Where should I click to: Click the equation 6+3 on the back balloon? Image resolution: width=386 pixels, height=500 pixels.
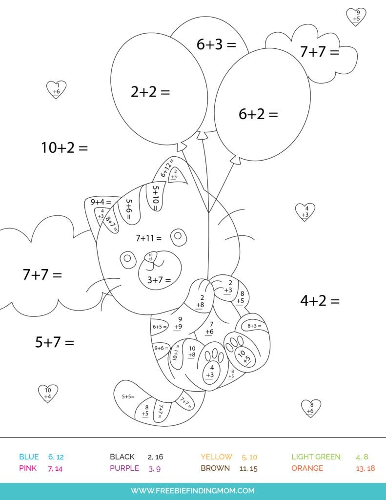(216, 45)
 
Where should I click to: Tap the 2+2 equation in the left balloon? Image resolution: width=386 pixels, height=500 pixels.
(150, 92)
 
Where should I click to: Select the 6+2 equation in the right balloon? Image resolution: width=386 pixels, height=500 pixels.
(258, 114)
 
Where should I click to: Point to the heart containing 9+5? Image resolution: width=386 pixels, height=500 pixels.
(357, 16)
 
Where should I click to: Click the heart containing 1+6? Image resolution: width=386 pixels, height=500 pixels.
(56, 89)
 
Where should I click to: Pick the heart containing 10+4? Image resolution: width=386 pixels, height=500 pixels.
(48, 393)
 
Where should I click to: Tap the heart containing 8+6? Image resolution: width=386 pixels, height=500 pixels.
(311, 408)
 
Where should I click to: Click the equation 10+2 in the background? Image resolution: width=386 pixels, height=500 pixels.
(64, 147)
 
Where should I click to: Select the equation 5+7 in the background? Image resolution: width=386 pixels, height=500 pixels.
(54, 342)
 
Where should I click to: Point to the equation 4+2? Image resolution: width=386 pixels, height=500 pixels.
(320, 301)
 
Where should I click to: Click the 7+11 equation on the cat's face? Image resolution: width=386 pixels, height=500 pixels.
(148, 238)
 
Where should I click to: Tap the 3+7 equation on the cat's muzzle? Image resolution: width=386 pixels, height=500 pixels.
(159, 280)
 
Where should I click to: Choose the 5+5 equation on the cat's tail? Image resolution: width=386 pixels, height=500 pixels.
(128, 396)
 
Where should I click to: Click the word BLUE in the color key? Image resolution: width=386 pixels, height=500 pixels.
(29, 457)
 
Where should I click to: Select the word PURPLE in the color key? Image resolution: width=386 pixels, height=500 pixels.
(124, 468)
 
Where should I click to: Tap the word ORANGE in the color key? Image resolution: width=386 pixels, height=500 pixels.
(307, 468)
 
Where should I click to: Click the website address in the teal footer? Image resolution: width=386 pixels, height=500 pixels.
(193, 490)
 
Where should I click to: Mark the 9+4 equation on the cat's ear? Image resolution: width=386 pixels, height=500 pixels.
(101, 202)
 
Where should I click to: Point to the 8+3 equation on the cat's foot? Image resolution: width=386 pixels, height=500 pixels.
(254, 326)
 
